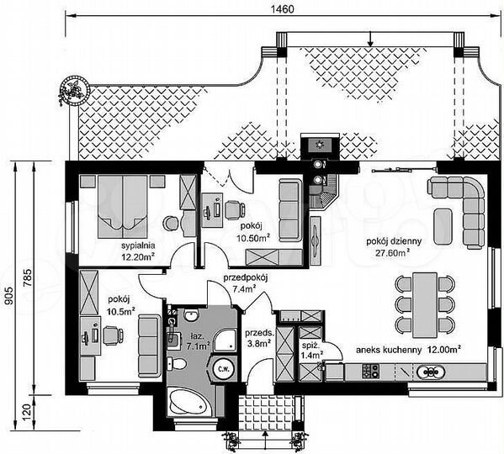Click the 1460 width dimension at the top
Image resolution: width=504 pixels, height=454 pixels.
(x=282, y=9)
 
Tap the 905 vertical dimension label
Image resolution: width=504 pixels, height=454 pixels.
(x=9, y=295)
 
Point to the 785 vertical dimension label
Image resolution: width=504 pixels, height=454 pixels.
(x=28, y=277)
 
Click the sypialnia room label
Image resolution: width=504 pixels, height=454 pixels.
(x=138, y=245)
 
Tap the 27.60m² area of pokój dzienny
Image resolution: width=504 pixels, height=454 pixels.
(x=392, y=253)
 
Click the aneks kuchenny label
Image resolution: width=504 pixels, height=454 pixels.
(x=389, y=350)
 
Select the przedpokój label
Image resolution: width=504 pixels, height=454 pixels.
(x=246, y=277)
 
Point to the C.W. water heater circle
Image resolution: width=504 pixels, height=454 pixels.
(x=223, y=369)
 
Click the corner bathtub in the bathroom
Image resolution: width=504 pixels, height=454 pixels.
(x=187, y=402)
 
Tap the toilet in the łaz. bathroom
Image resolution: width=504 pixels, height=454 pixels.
(x=177, y=364)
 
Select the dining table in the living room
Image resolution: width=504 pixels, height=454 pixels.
(x=425, y=305)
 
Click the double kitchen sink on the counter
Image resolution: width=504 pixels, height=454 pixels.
(x=431, y=372)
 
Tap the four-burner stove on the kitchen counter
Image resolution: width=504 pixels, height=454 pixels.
(x=370, y=371)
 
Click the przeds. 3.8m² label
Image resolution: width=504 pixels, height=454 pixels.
(x=260, y=338)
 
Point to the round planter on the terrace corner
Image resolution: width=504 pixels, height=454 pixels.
(x=75, y=90)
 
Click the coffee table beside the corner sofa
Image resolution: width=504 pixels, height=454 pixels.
(x=443, y=226)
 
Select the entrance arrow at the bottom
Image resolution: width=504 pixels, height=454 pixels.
(x=265, y=440)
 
